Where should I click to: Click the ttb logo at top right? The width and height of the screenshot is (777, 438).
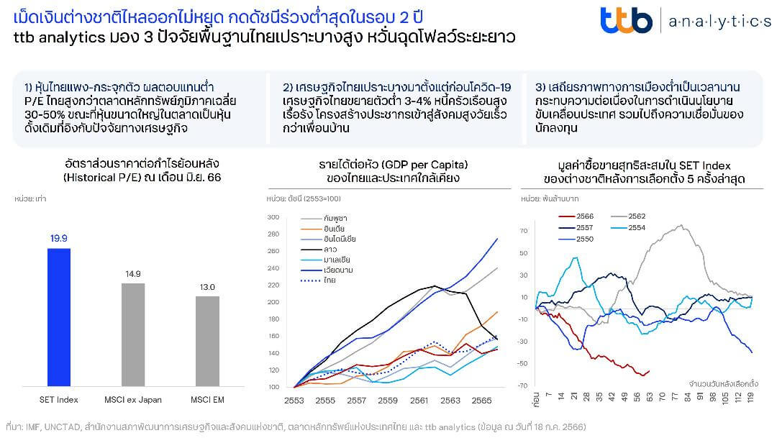coord(626,20)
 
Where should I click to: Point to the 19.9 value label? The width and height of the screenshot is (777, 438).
coord(59,239)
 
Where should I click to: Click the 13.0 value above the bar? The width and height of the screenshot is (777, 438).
coord(208,287)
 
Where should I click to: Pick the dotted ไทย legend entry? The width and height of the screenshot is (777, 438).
coord(330,280)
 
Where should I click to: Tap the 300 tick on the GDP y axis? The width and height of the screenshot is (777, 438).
coord(273,216)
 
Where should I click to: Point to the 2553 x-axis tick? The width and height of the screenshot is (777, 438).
coord(294,399)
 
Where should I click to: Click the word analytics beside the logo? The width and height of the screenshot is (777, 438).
coord(719,22)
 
